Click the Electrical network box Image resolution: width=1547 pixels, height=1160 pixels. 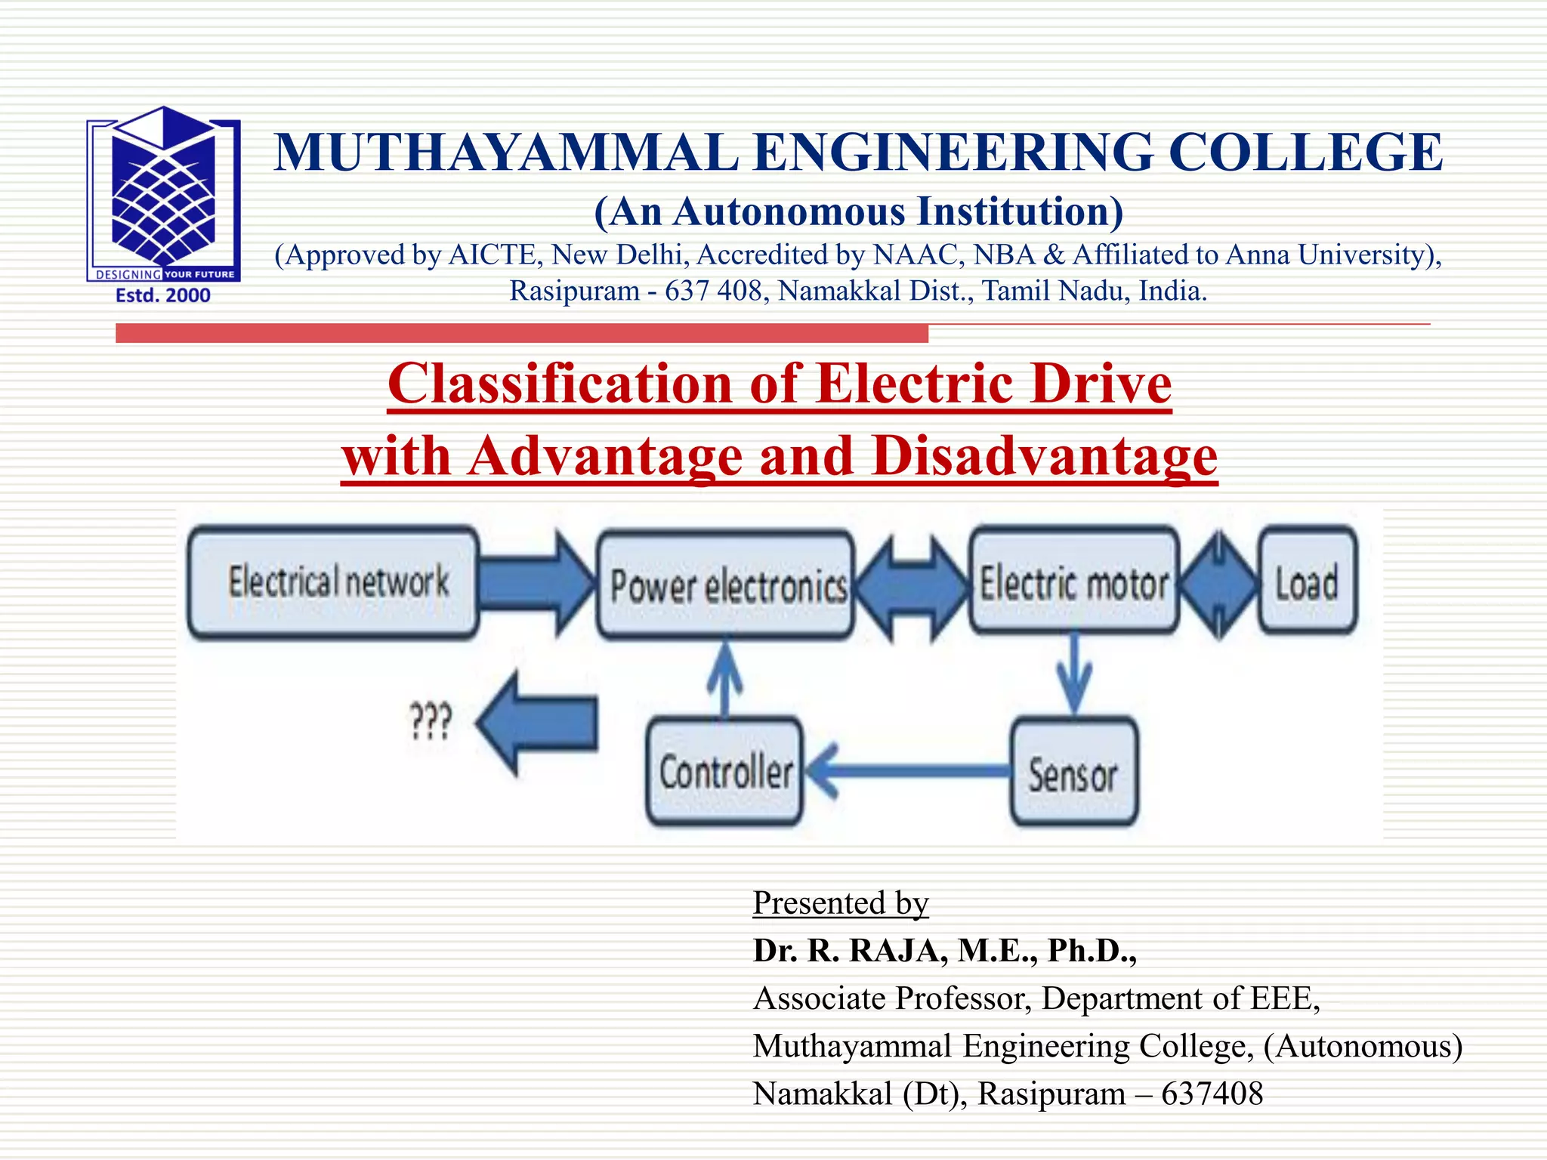[x=333, y=582]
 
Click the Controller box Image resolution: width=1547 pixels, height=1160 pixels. [x=725, y=771]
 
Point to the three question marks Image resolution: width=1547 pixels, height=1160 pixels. [x=431, y=722]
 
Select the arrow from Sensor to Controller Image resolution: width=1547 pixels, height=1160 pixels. [x=906, y=771]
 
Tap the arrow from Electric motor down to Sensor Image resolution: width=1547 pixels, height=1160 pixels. [x=1074, y=672]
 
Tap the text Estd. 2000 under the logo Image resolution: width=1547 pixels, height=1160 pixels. [x=163, y=295]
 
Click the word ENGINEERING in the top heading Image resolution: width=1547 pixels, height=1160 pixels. [x=953, y=153]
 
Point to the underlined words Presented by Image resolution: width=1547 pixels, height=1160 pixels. [x=840, y=903]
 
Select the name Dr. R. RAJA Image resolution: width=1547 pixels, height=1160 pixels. [x=850, y=951]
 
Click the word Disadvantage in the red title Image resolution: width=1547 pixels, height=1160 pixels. [x=1044, y=456]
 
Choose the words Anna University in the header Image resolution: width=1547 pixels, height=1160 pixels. [x=1332, y=255]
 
